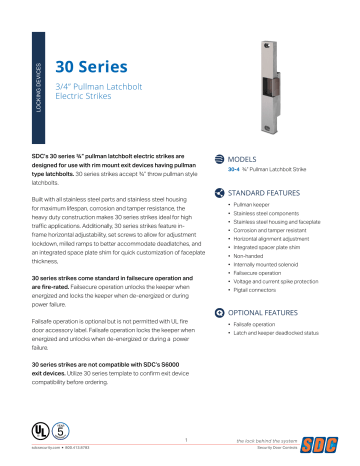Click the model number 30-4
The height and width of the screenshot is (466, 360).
coord(234,170)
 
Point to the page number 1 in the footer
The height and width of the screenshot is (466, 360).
coord(185,437)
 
